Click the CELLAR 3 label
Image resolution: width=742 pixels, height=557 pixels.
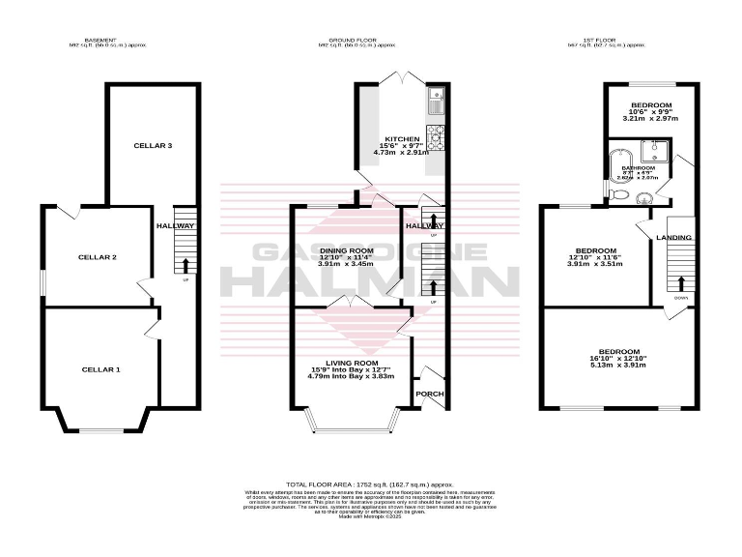pyautogui.click(x=153, y=145)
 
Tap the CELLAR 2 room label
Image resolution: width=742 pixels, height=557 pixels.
pyautogui.click(x=100, y=257)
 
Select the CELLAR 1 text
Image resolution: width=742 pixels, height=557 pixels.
pyautogui.click(x=100, y=369)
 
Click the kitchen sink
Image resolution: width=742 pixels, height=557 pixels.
pyautogui.click(x=436, y=96)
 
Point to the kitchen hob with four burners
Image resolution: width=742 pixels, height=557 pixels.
pyautogui.click(x=436, y=139)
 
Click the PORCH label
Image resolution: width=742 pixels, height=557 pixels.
pyautogui.click(x=429, y=394)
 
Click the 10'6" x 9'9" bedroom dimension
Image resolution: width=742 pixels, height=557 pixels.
pyautogui.click(x=651, y=112)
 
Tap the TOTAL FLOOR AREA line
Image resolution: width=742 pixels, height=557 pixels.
pyautogui.click(x=370, y=484)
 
